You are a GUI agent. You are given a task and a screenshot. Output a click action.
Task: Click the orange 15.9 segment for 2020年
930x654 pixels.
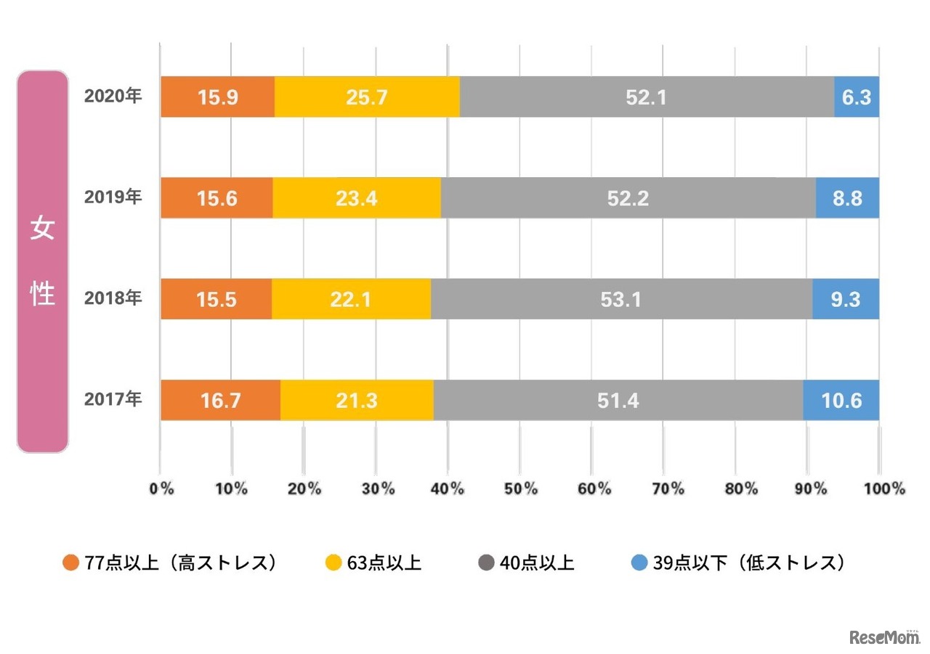coord(217,97)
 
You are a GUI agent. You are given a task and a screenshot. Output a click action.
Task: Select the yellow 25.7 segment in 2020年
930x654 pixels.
coord(367,97)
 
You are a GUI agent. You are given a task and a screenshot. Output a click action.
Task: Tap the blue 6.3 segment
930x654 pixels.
coord(857,97)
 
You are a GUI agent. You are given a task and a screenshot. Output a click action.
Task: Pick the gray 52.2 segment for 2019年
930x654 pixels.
coord(628,197)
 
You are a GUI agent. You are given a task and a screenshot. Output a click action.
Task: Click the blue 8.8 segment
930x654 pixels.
coord(847,197)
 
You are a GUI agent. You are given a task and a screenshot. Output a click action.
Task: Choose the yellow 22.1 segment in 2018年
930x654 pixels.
coord(351,298)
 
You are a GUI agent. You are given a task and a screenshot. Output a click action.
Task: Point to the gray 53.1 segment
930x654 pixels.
coord(621,298)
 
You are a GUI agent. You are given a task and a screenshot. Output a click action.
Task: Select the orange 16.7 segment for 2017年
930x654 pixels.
coord(220,399)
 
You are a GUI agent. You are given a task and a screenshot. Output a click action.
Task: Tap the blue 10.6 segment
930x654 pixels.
coord(841,399)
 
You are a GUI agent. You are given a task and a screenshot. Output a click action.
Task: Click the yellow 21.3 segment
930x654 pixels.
coord(357,399)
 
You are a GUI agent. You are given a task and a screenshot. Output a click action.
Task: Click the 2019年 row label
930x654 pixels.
coord(113,197)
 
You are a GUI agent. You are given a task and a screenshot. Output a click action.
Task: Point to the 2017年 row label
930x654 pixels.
coord(113,399)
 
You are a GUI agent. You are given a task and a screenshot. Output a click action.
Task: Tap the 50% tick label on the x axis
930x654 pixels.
coord(520,489)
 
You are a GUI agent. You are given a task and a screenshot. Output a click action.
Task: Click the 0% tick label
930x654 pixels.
coord(161,489)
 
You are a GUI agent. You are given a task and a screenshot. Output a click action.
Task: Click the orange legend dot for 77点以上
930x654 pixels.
coord(70,563)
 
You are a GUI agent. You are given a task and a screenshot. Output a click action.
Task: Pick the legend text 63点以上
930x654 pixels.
coord(384,563)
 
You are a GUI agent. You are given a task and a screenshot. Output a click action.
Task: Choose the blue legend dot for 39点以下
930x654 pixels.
coord(639,563)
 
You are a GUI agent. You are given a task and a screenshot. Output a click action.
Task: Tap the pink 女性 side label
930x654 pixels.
coord(42,261)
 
